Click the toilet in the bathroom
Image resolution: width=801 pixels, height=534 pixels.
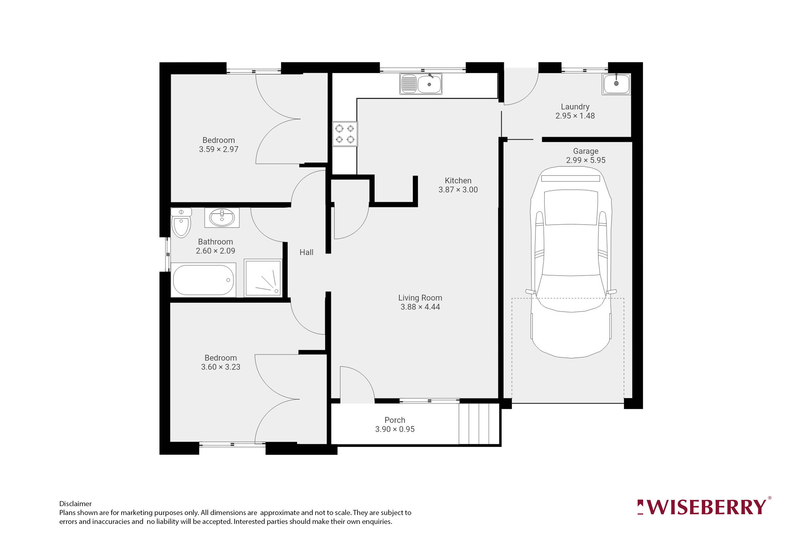click(x=181, y=223)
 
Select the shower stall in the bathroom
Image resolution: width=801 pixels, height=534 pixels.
click(x=263, y=278)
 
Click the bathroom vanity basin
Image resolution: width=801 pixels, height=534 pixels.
click(x=222, y=217)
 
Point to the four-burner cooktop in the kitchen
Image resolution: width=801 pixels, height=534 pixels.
click(x=345, y=134)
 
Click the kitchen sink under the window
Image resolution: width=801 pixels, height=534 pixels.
click(x=421, y=83)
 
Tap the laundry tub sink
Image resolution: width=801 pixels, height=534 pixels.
click(x=616, y=84)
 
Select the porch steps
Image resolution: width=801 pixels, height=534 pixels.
click(x=479, y=424)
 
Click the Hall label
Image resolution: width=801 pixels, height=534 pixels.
click(x=306, y=252)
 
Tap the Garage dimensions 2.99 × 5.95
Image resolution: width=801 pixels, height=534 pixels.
click(x=586, y=160)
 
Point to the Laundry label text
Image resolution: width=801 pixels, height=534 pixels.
click(x=575, y=107)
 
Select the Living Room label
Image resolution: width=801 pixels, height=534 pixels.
click(x=420, y=298)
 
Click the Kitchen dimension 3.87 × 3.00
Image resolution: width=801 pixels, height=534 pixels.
click(x=458, y=190)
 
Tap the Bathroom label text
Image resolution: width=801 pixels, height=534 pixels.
click(x=216, y=242)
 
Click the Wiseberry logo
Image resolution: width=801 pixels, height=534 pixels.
click(x=704, y=507)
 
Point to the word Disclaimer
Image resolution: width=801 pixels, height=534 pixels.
click(x=75, y=504)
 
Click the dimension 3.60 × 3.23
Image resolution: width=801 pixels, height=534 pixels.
click(x=221, y=367)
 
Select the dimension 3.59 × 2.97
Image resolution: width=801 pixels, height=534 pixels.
click(x=219, y=149)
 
